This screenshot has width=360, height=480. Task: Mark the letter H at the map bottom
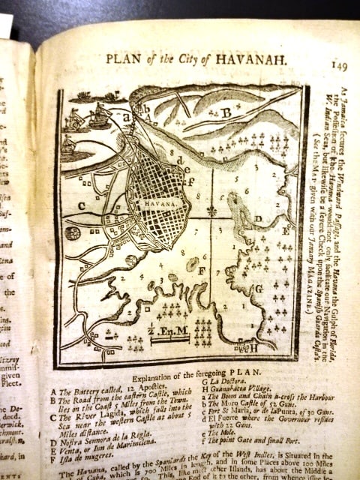[252, 347]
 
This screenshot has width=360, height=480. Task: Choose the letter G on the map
[259, 287]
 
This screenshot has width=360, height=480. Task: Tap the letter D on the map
[257, 219]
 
